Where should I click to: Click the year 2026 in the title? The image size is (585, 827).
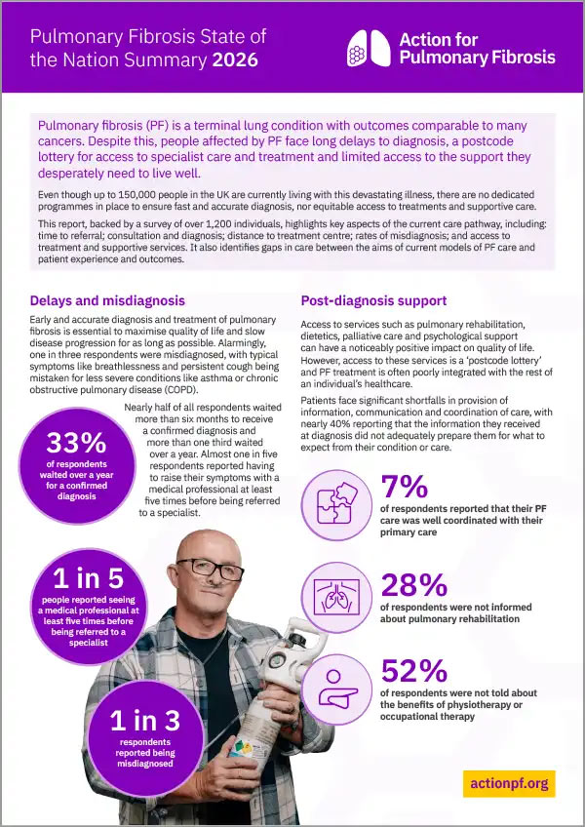point(235,60)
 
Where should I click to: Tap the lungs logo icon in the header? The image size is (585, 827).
point(369,46)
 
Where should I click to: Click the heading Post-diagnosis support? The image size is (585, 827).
point(372,300)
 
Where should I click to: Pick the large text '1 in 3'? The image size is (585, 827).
point(145,720)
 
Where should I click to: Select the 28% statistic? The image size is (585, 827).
point(413,584)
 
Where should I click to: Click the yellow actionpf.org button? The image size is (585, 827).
point(509,782)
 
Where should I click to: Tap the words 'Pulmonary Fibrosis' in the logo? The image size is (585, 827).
point(477,57)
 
